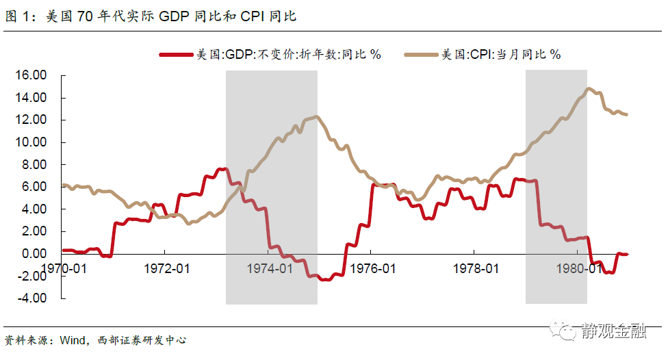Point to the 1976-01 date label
372,268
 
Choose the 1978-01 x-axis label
476,268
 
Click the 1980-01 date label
579,268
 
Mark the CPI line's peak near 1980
588,88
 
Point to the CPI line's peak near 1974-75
316,117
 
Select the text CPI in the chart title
253,16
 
